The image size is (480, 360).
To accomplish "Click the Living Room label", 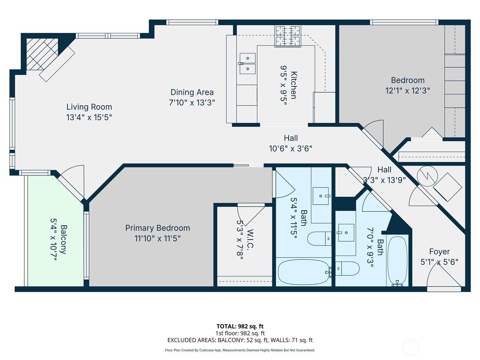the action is click(x=89, y=107).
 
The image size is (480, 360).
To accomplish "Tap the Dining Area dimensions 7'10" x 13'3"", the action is click(x=192, y=103).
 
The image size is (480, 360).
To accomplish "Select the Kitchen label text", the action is click(x=293, y=85).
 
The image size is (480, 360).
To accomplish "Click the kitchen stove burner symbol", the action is click(x=288, y=36).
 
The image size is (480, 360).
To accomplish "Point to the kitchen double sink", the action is click(x=247, y=63).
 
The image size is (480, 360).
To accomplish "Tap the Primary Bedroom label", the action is click(x=157, y=228).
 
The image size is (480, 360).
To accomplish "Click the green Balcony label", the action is click(x=63, y=240).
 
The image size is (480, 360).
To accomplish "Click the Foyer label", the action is click(x=439, y=252).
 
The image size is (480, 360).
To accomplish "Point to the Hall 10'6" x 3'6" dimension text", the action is click(x=291, y=148).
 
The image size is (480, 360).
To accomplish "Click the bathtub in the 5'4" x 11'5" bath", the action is click(x=304, y=272).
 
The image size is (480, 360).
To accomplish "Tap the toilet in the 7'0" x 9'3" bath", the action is click(x=347, y=268).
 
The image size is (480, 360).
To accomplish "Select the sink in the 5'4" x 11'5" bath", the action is click(x=321, y=196).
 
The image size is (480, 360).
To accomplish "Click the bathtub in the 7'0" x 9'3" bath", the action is click(x=397, y=260).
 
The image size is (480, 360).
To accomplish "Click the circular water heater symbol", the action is click(x=427, y=176).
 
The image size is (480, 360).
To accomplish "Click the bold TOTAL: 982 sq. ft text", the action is click(x=240, y=326).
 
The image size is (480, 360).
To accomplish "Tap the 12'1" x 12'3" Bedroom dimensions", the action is click(x=408, y=91).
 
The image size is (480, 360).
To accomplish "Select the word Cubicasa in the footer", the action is click(x=207, y=350).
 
